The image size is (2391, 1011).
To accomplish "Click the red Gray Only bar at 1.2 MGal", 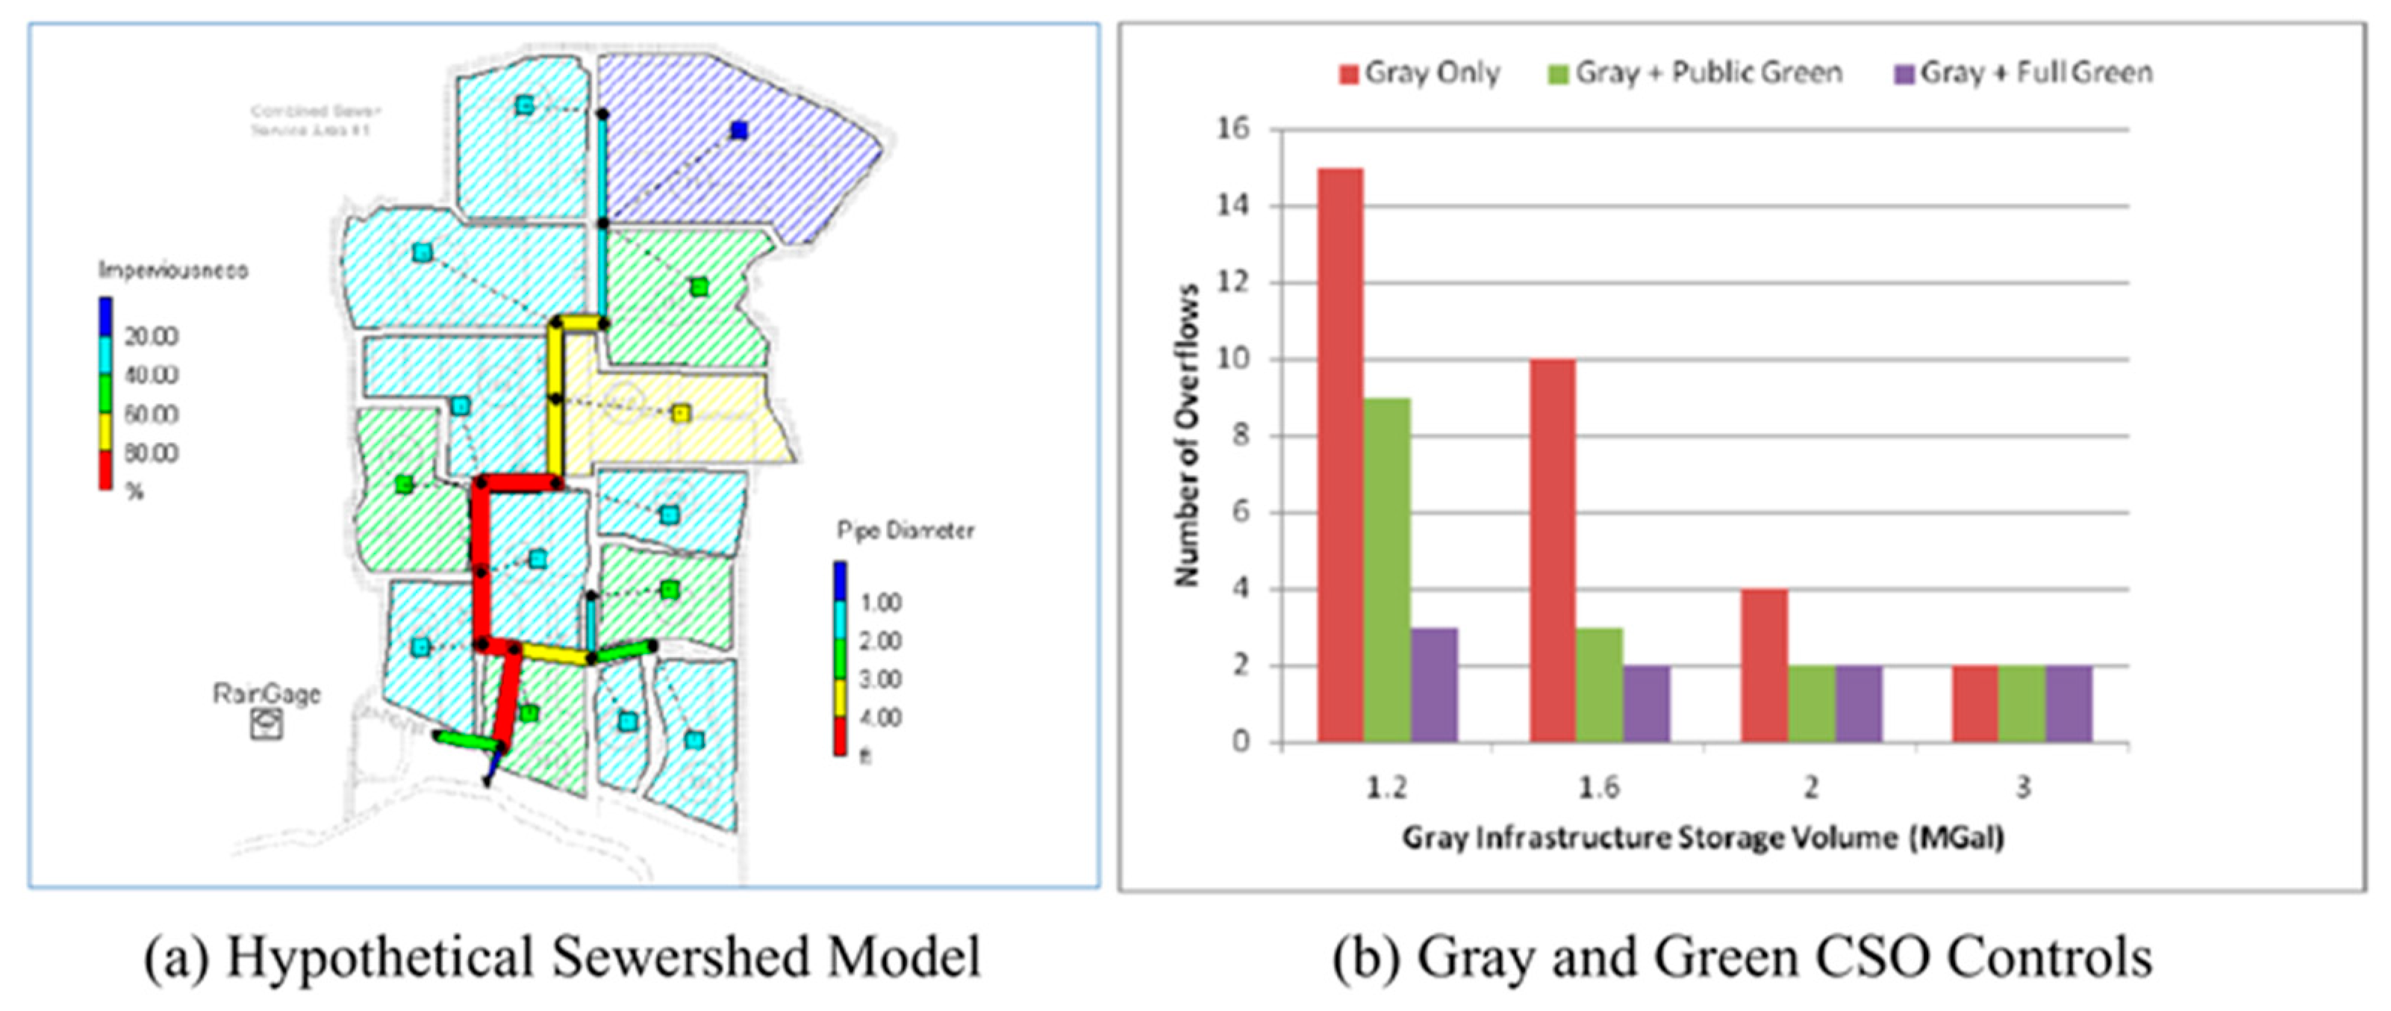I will (1340, 455).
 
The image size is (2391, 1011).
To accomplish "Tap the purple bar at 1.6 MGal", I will (1647, 703).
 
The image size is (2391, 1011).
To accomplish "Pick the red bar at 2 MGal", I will (1765, 665).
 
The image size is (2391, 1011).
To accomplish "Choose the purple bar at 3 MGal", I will (2069, 703).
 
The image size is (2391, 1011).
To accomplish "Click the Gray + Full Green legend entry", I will (2024, 72).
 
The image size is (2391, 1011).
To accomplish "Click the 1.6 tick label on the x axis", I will (1598, 787).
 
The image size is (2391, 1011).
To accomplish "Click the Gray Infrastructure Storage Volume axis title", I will (1703, 839).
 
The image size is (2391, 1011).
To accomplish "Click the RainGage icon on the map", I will (266, 724).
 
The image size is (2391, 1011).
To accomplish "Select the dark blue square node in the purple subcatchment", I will (739, 130).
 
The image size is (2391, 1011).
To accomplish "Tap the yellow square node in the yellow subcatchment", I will (682, 413).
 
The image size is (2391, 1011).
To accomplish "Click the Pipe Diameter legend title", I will (905, 531).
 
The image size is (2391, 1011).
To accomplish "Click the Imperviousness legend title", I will (174, 271).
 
